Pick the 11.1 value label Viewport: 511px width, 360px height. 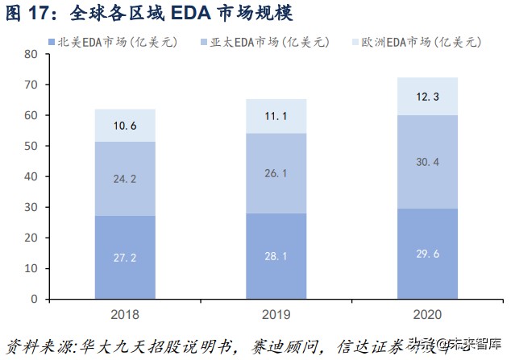click(276, 117)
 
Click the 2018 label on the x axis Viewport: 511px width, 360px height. click(124, 313)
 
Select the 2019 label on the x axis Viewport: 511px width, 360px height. click(276, 313)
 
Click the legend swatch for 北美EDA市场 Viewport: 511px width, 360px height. click(52, 41)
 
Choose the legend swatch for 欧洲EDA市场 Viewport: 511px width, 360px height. click(356, 41)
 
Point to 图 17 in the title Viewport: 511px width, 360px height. click(24, 14)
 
